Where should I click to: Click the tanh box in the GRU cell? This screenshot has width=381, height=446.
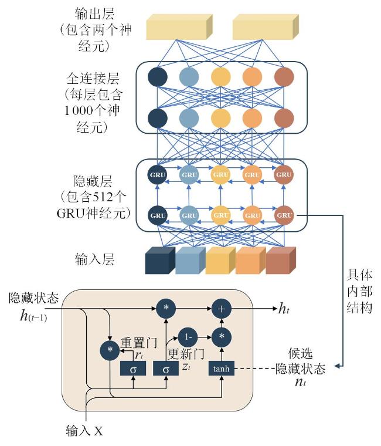tap(222, 369)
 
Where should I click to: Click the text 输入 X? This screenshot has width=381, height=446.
tap(85, 431)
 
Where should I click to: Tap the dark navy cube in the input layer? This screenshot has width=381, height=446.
tap(159, 261)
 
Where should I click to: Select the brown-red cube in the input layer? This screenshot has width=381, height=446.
tap(280, 261)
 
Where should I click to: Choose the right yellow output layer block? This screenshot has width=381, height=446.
tap(265, 26)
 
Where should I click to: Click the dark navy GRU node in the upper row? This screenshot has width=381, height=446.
tap(158, 174)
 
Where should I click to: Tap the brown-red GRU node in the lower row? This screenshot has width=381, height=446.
tap(284, 215)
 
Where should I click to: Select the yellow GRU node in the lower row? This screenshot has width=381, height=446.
tap(220, 215)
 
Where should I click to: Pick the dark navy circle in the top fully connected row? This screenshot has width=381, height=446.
tap(158, 76)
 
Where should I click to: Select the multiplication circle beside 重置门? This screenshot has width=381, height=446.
tap(110, 350)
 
